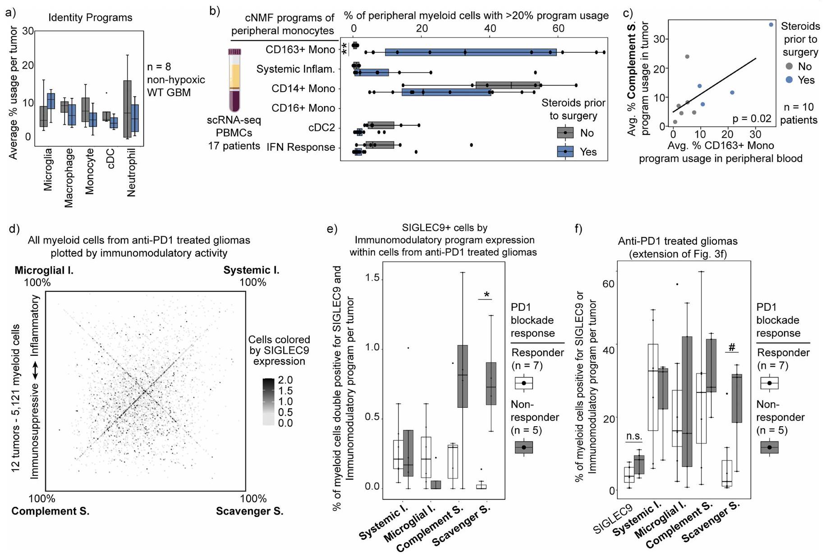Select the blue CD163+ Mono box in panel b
coord(471,52)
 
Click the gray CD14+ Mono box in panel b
coord(507,85)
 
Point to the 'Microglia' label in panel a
coord(48,169)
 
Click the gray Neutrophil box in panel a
coord(127,109)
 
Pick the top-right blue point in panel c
coord(771,25)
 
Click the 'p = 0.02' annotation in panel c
coord(752,119)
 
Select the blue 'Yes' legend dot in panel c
coord(789,80)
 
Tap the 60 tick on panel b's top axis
coord(558,28)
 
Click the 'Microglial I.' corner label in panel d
coord(44,270)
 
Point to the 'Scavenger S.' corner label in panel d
coord(249,511)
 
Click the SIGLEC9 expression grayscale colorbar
coord(268,402)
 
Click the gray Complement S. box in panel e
coord(463,376)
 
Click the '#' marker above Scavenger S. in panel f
coord(732,347)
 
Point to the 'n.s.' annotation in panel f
coord(634,436)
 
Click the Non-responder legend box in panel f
coord(769,447)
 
